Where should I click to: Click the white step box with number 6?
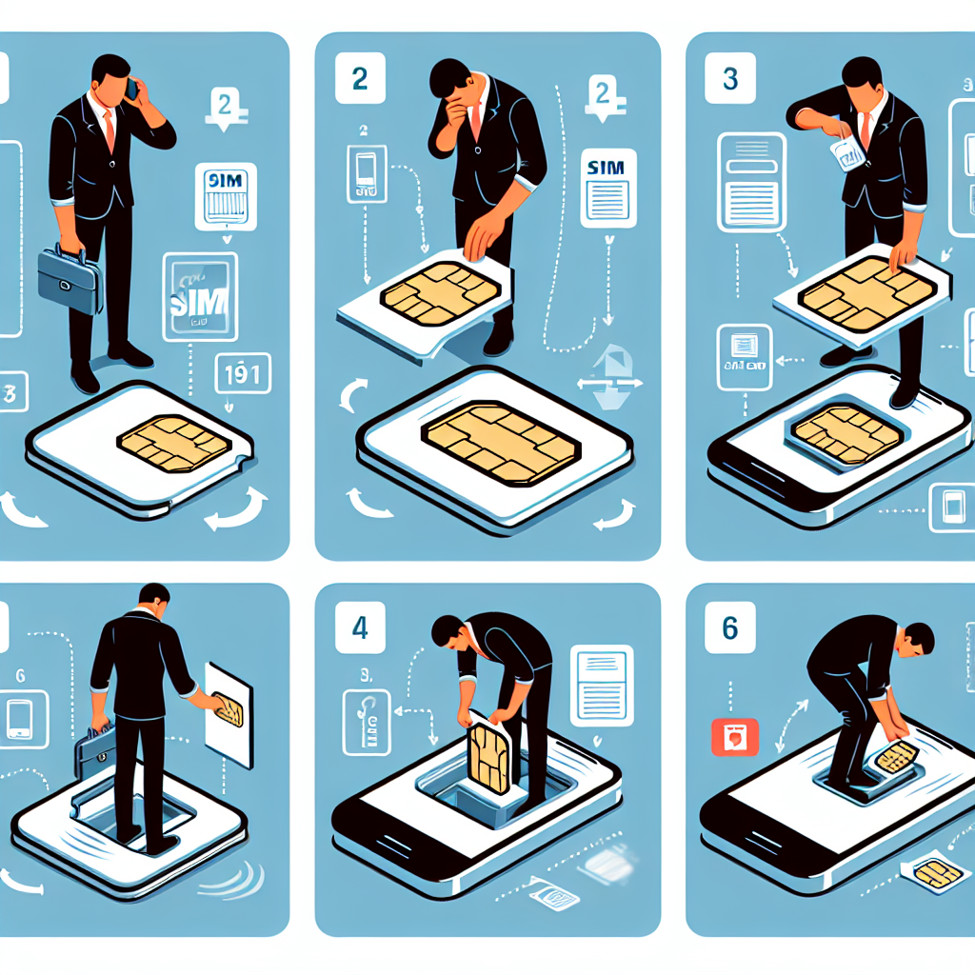click(x=729, y=629)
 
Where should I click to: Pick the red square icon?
click(x=735, y=737)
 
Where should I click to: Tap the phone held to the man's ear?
click(x=131, y=90)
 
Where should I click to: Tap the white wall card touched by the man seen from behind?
click(x=229, y=712)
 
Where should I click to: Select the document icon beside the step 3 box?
click(x=752, y=180)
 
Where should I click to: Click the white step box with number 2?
click(x=360, y=79)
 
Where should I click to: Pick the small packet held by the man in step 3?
click(x=846, y=152)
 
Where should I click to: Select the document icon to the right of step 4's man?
click(x=601, y=680)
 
